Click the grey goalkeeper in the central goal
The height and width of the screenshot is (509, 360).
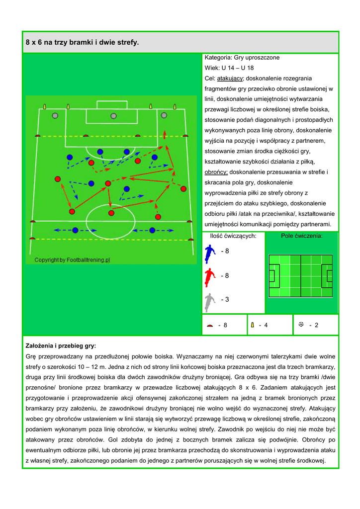114,116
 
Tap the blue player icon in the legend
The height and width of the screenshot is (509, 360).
210,254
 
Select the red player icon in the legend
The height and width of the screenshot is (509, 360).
210,277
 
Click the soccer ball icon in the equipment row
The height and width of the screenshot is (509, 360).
301,324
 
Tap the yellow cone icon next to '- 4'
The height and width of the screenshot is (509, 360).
253,325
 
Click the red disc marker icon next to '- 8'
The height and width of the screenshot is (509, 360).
209,326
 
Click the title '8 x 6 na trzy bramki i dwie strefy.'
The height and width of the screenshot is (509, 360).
82,43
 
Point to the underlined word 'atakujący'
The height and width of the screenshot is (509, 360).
230,79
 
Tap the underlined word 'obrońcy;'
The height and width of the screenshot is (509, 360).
216,172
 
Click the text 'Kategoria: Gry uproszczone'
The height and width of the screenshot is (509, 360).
242,58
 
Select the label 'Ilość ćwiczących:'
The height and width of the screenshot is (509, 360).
233,236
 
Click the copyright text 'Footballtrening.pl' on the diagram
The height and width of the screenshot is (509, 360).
72,260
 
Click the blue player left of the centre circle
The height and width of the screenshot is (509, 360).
75,230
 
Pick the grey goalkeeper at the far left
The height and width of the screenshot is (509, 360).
55,115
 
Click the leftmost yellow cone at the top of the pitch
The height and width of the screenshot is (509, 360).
45,106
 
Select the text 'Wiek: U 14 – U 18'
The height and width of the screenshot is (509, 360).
229,68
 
